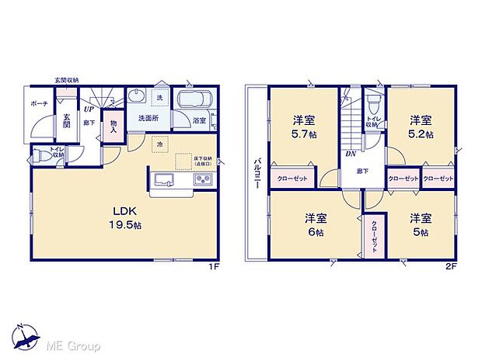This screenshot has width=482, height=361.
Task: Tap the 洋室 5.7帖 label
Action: [304, 127]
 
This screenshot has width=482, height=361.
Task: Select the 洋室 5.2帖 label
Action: [421, 127]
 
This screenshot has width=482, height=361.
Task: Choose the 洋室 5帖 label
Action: [421, 224]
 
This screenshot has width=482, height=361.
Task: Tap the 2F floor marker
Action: [449, 269]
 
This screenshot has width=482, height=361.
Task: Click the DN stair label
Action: [351, 154]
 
